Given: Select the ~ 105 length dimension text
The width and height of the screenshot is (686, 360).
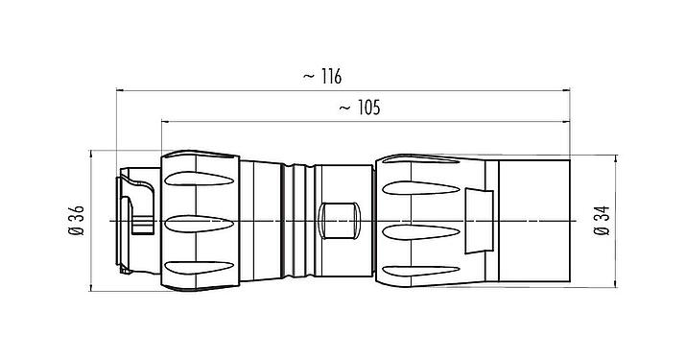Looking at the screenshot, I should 360,108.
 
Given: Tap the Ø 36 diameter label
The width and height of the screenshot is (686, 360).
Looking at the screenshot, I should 76,222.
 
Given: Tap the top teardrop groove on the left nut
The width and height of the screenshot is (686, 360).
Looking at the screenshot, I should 200,180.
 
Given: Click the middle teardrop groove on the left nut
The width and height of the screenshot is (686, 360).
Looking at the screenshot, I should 200,223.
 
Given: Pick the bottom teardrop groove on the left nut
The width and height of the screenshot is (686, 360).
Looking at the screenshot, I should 200,265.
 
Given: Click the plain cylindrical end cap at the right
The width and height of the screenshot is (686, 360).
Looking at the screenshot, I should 533,222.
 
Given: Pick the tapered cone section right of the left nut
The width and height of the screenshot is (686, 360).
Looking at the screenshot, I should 256,222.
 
